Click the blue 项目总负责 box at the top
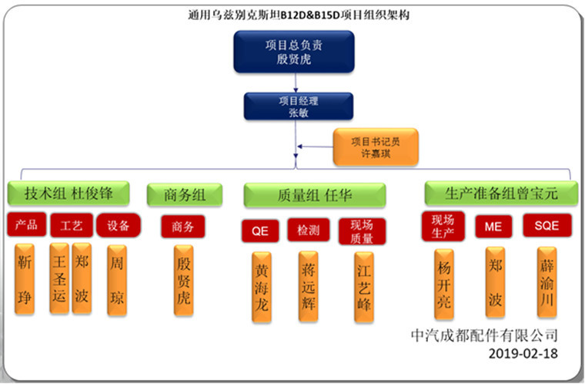coord(293,52)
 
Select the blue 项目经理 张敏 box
coord(298,106)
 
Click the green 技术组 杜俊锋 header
coord(68,194)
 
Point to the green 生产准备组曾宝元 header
coord(500,193)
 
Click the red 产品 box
coord(25,225)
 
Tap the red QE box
coord(259,229)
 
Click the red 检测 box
coord(309,229)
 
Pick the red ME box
coord(493,226)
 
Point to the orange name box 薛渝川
coord(547,282)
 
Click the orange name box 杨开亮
coord(444,282)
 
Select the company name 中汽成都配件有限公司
coord(484,335)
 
